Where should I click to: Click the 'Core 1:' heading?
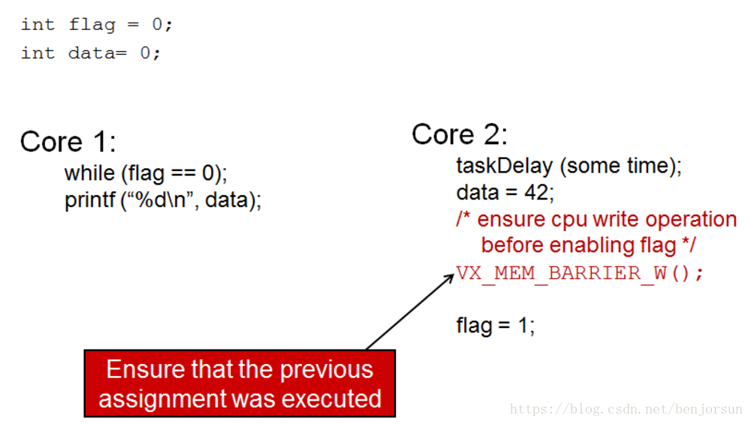pyautogui.click(x=68, y=141)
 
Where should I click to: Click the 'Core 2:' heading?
pyautogui.click(x=460, y=134)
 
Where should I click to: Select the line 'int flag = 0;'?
pyautogui.click(x=97, y=24)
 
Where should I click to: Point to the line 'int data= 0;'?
pyautogui.click(x=91, y=53)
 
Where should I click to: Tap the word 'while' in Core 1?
pyautogui.click(x=89, y=173)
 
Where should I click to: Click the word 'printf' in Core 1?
pyautogui.click(x=89, y=200)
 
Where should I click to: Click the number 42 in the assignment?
pyautogui.click(x=536, y=192)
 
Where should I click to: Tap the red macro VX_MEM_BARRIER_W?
pyautogui.click(x=561, y=273)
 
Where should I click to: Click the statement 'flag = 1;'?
pyautogui.click(x=495, y=326)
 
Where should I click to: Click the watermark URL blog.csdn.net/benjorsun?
pyautogui.click(x=626, y=409)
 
